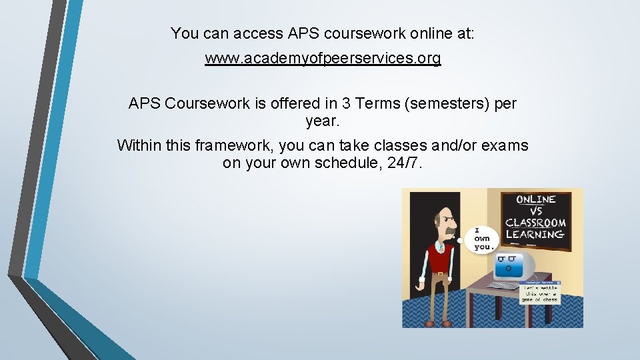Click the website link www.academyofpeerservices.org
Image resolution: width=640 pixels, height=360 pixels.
click(x=323, y=59)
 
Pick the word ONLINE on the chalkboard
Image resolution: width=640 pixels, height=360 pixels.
click(x=536, y=199)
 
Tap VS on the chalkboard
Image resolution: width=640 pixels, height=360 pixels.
click(x=536, y=211)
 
